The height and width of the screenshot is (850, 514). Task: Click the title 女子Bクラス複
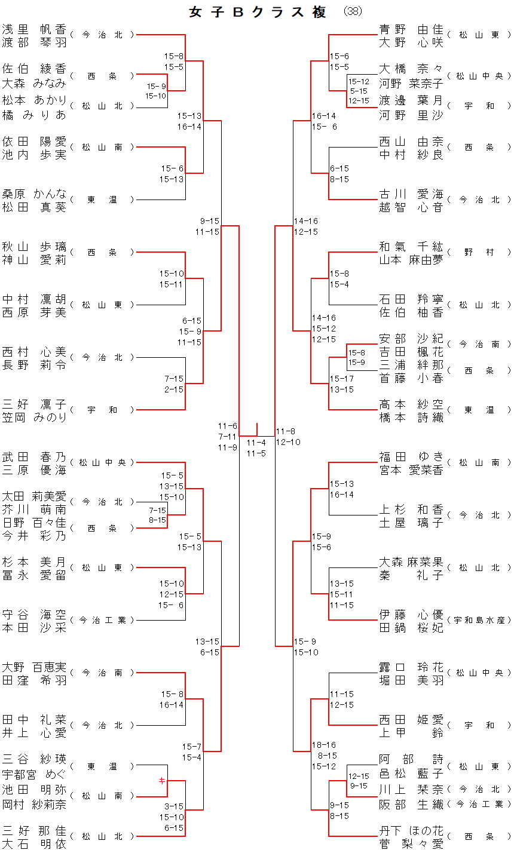click(257, 12)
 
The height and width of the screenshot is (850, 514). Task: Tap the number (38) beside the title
click(353, 11)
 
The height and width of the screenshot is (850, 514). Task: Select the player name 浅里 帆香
click(34, 29)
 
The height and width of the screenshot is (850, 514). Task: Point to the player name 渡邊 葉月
click(411, 100)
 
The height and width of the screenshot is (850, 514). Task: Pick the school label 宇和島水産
click(479, 620)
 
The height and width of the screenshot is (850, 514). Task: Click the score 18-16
click(323, 745)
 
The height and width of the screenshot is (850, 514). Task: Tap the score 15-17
click(341, 379)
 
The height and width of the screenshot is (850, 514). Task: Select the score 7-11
click(227, 437)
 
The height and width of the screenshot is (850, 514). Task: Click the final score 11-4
click(256, 443)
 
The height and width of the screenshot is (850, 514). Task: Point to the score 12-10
click(288, 442)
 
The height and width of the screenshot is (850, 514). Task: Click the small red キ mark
click(161, 780)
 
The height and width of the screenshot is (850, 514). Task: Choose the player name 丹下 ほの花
click(411, 830)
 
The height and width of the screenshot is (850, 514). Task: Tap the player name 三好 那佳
click(34, 830)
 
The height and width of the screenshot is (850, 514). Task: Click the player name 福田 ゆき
click(411, 456)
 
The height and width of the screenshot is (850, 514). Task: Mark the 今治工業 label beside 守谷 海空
click(102, 620)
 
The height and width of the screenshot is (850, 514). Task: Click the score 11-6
click(227, 426)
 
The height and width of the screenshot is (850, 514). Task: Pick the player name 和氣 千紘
click(411, 246)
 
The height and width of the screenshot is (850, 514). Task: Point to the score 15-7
click(192, 747)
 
